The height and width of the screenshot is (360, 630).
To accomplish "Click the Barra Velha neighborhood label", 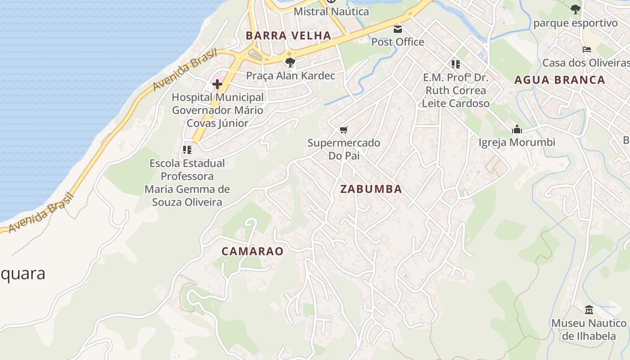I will [x=288, y=36].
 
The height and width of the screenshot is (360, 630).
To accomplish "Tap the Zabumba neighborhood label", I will [x=371, y=189].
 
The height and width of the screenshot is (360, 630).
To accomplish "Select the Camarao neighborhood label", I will [x=252, y=251].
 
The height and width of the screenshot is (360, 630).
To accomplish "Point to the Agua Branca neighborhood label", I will [x=560, y=80].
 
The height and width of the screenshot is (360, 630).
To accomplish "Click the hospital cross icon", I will [x=217, y=84].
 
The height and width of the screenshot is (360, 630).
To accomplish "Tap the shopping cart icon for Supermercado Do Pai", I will [x=343, y=130].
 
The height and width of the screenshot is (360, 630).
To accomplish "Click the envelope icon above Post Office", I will [x=398, y=29].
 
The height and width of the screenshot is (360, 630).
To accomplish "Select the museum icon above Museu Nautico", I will [x=589, y=310].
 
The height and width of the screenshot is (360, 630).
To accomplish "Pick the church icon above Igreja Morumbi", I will [x=517, y=130].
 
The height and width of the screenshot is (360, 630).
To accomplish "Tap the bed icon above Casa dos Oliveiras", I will [x=587, y=49].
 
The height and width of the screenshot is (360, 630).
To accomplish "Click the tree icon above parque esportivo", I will [x=575, y=9].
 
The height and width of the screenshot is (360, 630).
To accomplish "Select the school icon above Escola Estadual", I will [x=187, y=149].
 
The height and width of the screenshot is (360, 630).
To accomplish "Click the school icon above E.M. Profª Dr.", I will [x=455, y=64].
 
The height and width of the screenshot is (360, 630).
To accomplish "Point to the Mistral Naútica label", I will [x=331, y=12].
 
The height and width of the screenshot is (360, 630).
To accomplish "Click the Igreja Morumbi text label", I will [x=517, y=143].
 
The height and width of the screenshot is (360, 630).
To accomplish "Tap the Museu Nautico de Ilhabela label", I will [x=589, y=329].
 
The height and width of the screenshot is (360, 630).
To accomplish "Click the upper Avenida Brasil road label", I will [x=184, y=70].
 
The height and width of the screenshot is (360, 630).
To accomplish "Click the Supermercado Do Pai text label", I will [x=344, y=149].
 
